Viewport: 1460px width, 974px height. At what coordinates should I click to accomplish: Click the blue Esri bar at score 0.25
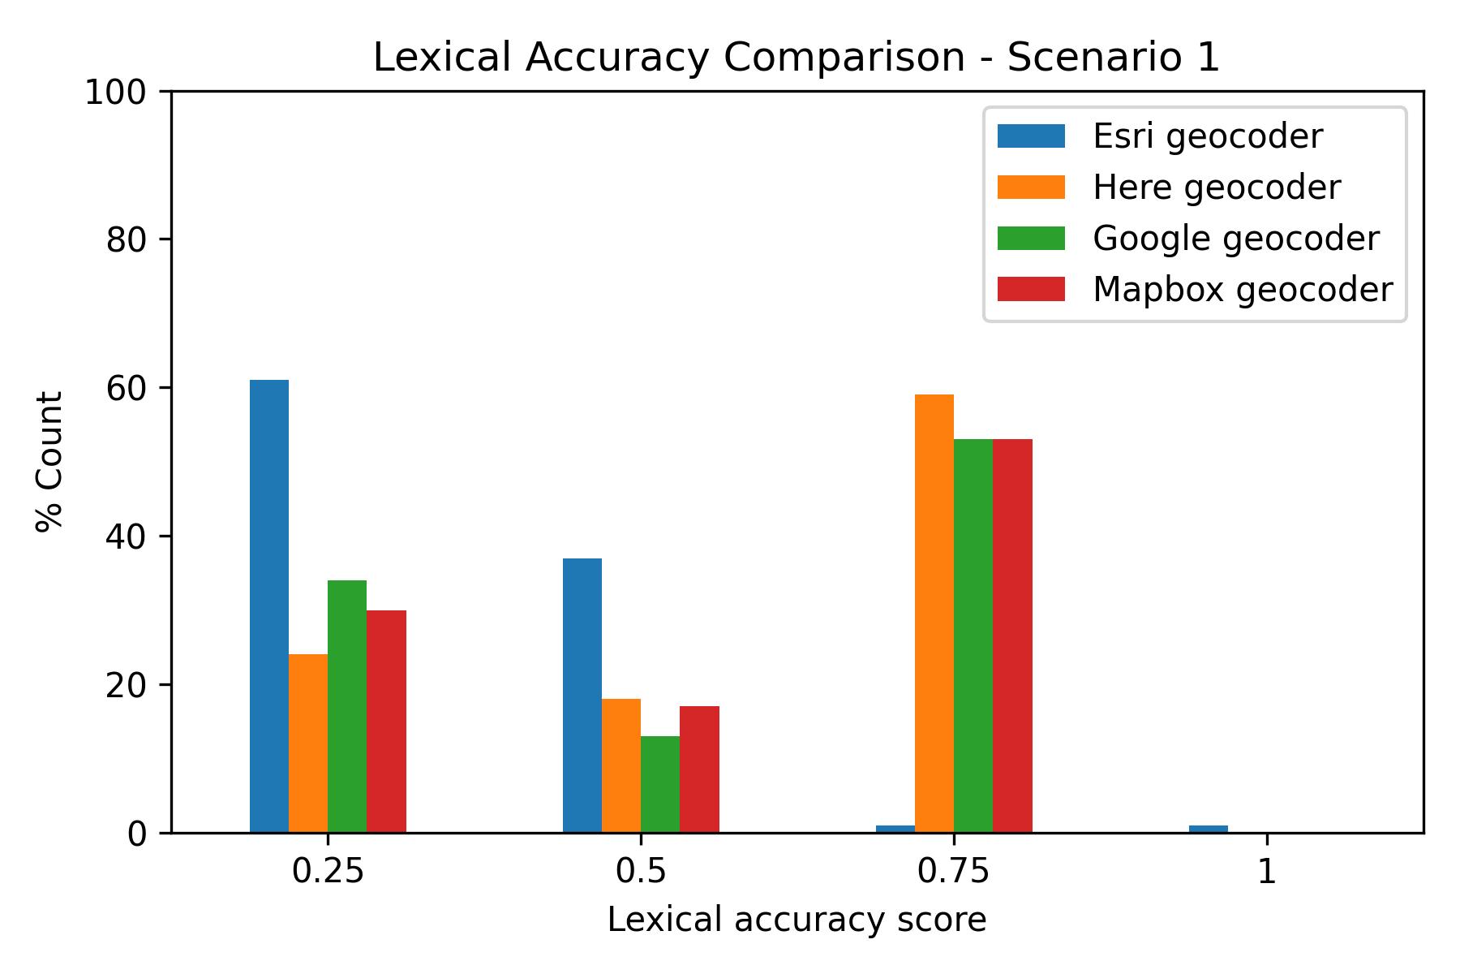(268, 606)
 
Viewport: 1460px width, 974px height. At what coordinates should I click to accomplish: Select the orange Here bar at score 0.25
(308, 743)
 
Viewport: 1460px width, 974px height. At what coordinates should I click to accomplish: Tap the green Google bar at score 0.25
(347, 706)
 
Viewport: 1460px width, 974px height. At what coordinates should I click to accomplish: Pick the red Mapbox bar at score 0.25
(386, 721)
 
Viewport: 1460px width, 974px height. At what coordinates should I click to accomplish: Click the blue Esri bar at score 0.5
(582, 695)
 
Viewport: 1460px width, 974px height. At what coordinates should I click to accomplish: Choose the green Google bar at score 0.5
(660, 784)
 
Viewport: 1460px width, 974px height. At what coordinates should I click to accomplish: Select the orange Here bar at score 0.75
(934, 613)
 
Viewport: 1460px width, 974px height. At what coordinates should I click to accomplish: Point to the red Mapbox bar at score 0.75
(1012, 636)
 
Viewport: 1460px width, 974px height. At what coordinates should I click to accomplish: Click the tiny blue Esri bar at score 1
(1208, 829)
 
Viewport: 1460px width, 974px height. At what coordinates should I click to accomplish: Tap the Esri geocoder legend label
(1208, 136)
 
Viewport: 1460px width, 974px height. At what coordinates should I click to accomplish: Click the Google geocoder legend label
(1235, 239)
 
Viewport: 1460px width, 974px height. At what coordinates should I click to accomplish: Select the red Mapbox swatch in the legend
(1030, 289)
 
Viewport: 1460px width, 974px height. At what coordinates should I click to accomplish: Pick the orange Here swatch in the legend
(1030, 187)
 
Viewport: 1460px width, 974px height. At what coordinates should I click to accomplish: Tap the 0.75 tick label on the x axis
(954, 872)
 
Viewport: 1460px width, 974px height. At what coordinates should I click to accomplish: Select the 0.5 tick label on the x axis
(641, 872)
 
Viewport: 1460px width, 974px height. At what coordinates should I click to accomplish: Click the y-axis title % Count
(50, 461)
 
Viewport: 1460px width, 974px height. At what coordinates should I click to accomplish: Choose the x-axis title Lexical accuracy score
(797, 920)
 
